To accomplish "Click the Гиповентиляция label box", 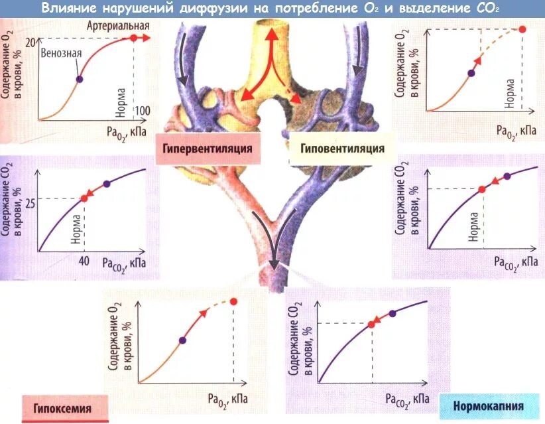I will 341,148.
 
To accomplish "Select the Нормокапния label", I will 489,405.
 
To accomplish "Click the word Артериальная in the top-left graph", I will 117,25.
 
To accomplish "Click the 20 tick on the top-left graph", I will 30,42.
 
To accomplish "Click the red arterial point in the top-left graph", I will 134,38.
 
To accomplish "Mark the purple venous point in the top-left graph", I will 80,79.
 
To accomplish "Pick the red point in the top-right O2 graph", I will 522,29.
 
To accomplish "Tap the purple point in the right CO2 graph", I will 507,177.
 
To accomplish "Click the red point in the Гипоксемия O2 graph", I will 233,302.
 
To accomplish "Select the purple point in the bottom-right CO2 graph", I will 393,313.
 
